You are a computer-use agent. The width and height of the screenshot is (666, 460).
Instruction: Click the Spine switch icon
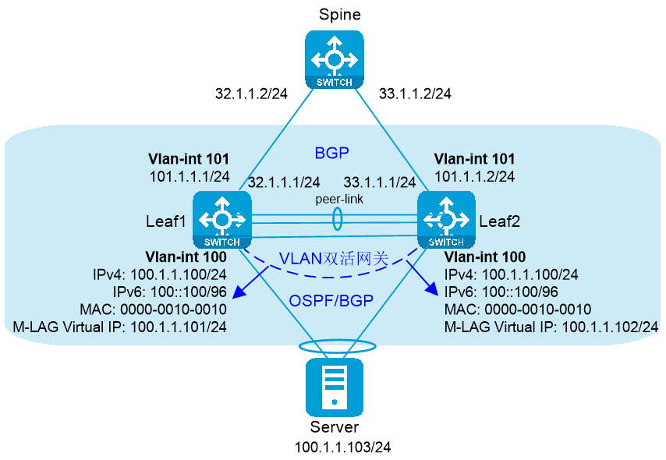(335, 59)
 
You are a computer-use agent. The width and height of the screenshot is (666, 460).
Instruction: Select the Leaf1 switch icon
(222, 220)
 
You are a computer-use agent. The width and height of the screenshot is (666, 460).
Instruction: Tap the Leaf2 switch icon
(446, 220)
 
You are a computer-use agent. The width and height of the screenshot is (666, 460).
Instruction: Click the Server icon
(335, 387)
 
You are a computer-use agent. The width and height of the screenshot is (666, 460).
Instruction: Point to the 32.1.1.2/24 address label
(251, 94)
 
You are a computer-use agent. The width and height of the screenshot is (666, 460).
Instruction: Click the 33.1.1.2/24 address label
(415, 94)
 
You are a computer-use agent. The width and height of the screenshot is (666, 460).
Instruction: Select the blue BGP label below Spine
(331, 153)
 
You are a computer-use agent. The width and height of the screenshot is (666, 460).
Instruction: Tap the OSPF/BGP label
(331, 301)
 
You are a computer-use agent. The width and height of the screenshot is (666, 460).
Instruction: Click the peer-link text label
(339, 199)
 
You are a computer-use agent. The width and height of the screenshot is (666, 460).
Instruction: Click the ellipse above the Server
(300, 346)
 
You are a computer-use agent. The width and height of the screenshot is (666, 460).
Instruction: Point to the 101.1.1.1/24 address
(190, 176)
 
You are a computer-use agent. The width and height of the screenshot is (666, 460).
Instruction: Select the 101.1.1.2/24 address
(474, 176)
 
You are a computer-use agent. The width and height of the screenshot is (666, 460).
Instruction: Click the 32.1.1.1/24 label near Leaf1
(284, 182)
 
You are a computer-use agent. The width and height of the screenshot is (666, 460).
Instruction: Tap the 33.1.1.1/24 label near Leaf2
(380, 182)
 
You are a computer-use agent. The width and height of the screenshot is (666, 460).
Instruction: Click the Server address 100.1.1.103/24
(343, 448)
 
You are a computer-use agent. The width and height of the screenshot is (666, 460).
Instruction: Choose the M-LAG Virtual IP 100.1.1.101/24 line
(120, 327)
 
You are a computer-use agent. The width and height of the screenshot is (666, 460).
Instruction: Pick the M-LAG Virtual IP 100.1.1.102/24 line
(551, 327)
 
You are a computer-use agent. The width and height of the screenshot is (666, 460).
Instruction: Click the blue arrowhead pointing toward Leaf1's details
(240, 291)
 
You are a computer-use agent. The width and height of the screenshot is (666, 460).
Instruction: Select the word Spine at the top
(340, 15)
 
